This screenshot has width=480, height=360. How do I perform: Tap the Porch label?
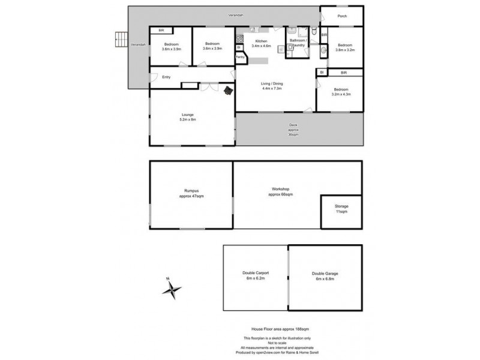point(342,16)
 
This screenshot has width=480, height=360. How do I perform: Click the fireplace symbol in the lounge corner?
point(228,91)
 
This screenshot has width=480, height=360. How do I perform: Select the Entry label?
point(166,77)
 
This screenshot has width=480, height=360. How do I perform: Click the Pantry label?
point(240,58)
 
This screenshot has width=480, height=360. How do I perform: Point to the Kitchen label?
point(260,41)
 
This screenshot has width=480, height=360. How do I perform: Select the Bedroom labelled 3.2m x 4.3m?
point(341,92)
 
